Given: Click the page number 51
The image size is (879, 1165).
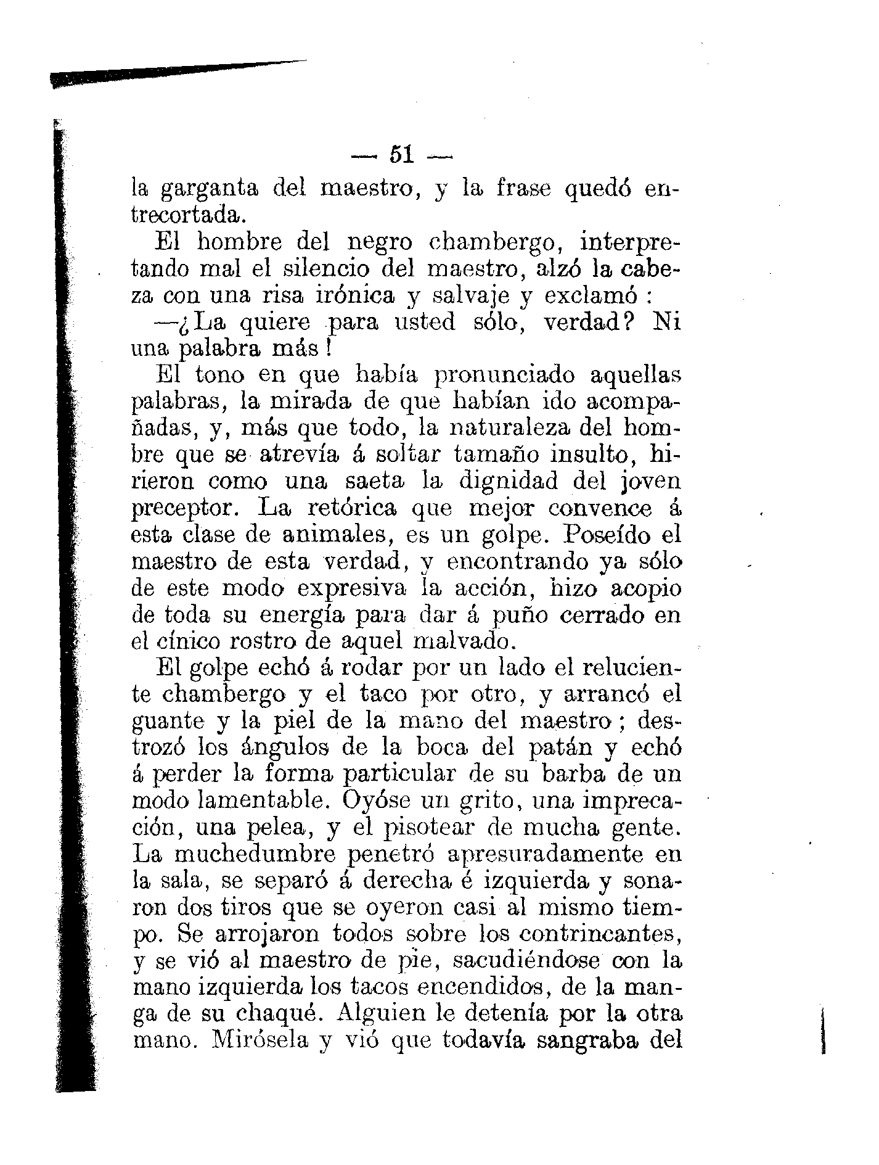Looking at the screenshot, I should coord(401,154).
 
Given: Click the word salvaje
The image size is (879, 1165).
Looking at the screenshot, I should coord(462,296).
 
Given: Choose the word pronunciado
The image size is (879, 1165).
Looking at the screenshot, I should coord(504,376).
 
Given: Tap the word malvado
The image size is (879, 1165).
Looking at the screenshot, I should coord(460,641).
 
